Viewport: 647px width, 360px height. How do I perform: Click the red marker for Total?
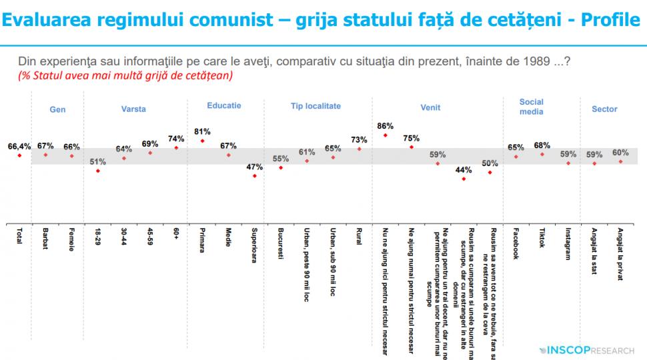coord(20,155)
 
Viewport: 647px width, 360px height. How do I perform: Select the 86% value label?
coord(385,125)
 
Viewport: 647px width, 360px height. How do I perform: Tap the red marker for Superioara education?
coord(255,175)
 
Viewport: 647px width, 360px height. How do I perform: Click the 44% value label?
coord(464,169)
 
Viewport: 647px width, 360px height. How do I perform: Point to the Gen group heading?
coord(58,109)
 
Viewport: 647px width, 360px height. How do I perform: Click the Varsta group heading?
coord(133,109)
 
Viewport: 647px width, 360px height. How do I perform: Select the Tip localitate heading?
coord(315,106)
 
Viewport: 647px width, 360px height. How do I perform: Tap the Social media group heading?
coord(532,107)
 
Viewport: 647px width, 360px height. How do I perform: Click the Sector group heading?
coord(604,109)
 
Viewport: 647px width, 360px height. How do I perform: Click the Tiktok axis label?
coord(542,239)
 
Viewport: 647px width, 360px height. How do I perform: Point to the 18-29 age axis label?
coord(98,238)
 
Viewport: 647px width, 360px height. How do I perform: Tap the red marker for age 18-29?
coord(98,171)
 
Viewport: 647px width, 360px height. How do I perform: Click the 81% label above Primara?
coord(202,131)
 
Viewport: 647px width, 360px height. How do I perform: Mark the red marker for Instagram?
coord(568,163)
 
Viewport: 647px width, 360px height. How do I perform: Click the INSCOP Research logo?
coord(588,349)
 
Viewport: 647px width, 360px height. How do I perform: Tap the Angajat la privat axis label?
coord(620,253)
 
